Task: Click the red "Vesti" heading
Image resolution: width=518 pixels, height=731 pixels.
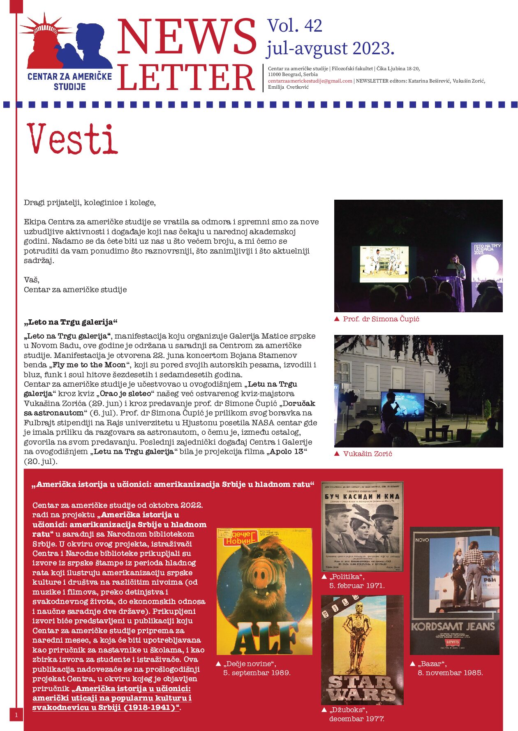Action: pos(72,139)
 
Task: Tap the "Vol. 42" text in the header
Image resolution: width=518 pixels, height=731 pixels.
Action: pos(294,26)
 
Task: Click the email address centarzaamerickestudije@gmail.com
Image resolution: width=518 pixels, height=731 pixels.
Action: pos(310,81)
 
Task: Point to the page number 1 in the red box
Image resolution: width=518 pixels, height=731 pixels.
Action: pos(16,715)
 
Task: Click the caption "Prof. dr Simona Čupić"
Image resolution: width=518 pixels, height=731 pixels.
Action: pos(381,319)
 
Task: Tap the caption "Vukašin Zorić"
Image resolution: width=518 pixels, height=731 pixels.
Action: pos(367,454)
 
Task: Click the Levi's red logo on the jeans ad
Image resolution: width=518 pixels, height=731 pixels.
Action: pos(452,642)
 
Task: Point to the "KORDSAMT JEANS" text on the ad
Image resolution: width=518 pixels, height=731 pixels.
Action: pos(453,627)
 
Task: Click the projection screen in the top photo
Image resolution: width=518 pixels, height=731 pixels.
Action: pos(384,264)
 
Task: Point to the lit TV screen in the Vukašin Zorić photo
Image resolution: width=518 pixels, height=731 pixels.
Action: pos(403,406)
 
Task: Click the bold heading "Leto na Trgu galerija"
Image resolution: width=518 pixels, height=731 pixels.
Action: pos(71,322)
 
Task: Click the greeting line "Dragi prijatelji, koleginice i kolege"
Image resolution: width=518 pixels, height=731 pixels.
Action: pos(90,203)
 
